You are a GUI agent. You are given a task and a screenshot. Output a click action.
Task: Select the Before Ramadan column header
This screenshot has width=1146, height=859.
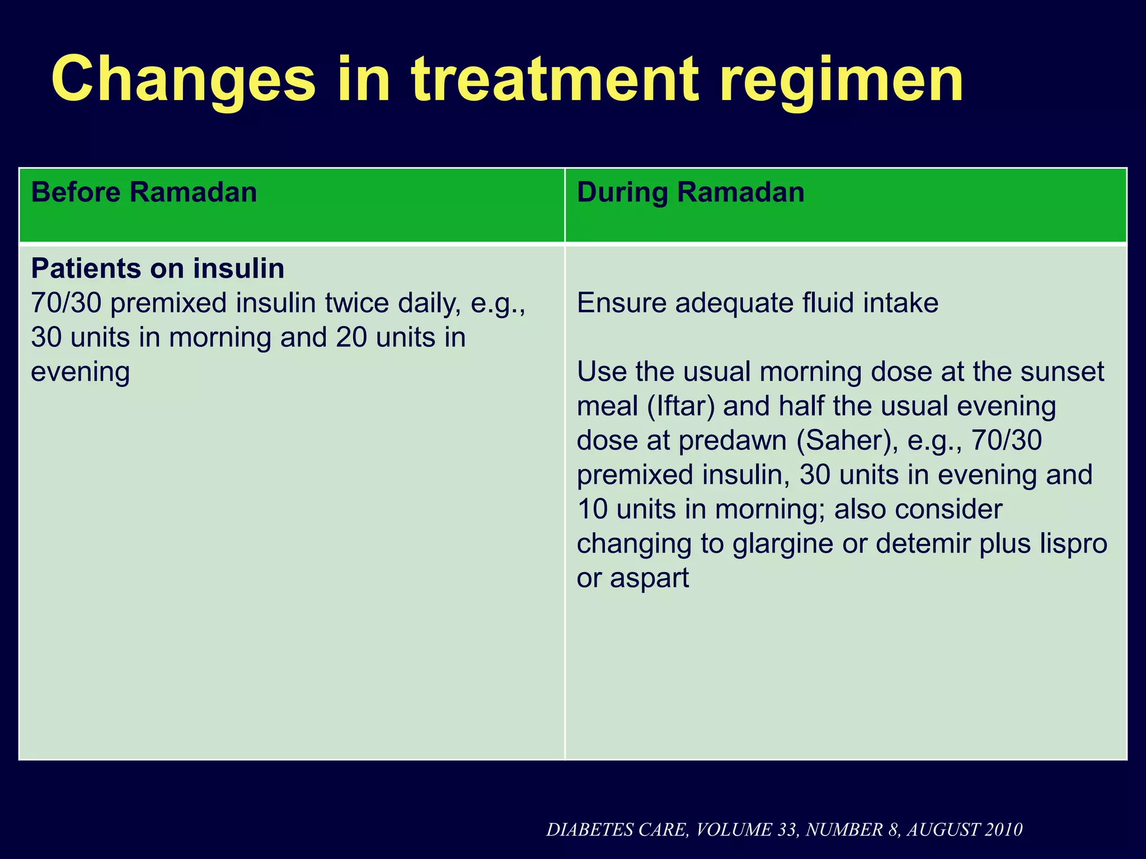click(144, 193)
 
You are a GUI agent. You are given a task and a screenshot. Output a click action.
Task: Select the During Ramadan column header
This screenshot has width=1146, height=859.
click(691, 193)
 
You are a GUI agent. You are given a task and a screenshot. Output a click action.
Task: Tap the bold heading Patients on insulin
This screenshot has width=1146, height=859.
click(158, 269)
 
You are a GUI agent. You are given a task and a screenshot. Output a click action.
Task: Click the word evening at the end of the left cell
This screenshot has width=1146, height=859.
click(80, 372)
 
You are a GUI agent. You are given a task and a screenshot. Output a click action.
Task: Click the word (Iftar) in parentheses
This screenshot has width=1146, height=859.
click(680, 407)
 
